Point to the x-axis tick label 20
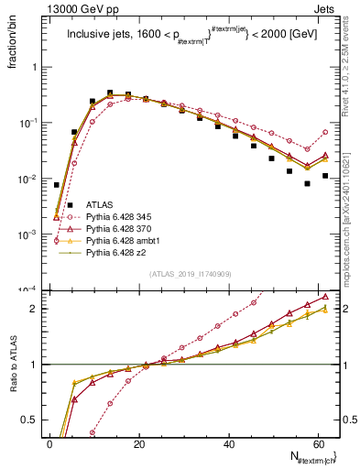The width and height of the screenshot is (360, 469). (x=140, y=444)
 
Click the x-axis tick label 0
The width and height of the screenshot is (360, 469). (x=50, y=444)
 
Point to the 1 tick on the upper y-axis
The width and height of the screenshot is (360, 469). (x=38, y=67)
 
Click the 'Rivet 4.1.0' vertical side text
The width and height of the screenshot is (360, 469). (x=348, y=82)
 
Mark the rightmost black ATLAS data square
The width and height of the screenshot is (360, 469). (x=325, y=175)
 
